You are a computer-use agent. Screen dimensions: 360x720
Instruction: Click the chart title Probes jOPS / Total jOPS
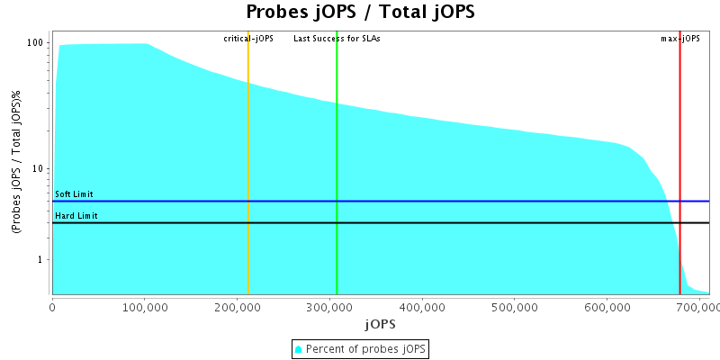pos(360,13)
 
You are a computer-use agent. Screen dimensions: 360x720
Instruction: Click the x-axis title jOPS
pos(380,323)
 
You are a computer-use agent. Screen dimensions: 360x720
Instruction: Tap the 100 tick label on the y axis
pos(36,42)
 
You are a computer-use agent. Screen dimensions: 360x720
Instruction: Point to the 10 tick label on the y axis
pos(39,169)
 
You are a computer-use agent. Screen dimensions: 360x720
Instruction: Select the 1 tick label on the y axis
pos(41,260)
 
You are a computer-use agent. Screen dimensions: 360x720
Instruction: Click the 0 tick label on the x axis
pos(52,307)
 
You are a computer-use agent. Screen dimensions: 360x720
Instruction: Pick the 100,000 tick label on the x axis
pos(145,307)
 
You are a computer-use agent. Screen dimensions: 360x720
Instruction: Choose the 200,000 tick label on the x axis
pos(238,307)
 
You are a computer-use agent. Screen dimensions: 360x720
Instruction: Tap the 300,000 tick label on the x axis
pos(330,307)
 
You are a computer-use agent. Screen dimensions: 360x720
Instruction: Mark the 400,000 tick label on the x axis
pos(423,307)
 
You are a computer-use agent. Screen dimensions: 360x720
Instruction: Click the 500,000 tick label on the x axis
pos(515,307)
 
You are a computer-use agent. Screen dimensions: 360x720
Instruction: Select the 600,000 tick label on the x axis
pos(607,307)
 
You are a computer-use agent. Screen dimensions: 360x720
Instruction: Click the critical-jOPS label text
pos(248,39)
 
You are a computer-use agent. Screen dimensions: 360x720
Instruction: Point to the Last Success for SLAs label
pos(337,39)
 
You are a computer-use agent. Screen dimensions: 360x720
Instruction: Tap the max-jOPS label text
pos(680,39)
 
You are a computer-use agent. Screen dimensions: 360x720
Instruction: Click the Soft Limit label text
pos(74,194)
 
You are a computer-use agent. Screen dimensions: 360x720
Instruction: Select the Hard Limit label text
pos(76,216)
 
